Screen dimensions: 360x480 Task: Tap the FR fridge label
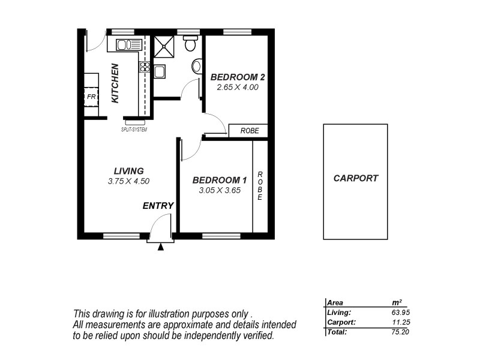(x=91, y=96)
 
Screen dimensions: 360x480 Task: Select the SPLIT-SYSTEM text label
(x=134, y=129)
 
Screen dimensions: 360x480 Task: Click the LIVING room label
(x=128, y=171)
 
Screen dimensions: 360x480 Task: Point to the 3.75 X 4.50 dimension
(x=128, y=181)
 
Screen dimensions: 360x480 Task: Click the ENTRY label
(x=158, y=206)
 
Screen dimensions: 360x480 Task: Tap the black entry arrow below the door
(x=160, y=246)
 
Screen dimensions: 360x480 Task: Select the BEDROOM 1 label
(x=219, y=180)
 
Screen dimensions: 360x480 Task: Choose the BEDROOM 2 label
(x=238, y=77)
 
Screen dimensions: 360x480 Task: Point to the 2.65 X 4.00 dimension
(x=238, y=88)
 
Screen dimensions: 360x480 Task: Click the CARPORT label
(x=356, y=178)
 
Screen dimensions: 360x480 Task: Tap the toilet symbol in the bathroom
(x=190, y=44)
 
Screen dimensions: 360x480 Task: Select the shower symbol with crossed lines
(x=163, y=46)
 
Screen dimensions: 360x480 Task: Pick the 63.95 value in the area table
(x=400, y=312)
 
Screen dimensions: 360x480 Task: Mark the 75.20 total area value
(x=400, y=331)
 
